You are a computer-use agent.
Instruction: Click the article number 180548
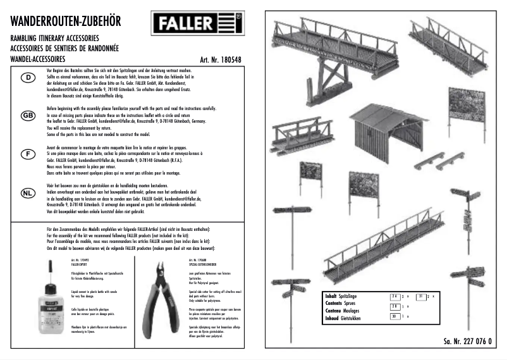click(x=221, y=60)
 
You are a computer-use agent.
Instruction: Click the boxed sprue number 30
click(x=394, y=316)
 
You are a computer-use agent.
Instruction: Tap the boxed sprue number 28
click(x=394, y=306)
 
